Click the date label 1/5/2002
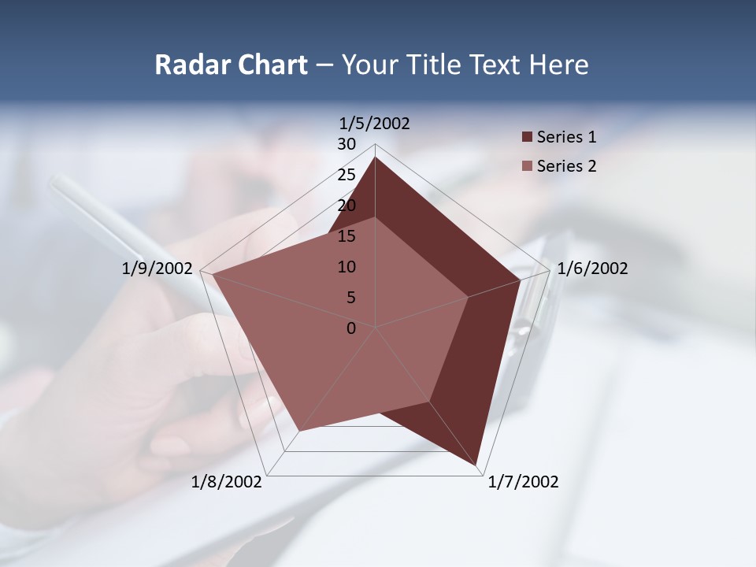375,124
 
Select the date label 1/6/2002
592,269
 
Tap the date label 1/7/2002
523,482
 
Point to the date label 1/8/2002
227,482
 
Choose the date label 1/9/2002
157,269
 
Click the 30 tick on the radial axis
346,144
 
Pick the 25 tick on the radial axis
346,175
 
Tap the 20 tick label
346,206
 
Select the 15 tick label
346,236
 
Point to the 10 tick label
346,267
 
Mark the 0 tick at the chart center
351,328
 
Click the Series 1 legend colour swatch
527,138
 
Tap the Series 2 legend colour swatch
527,166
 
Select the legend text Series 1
566,137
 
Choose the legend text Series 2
566,166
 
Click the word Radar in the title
191,65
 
